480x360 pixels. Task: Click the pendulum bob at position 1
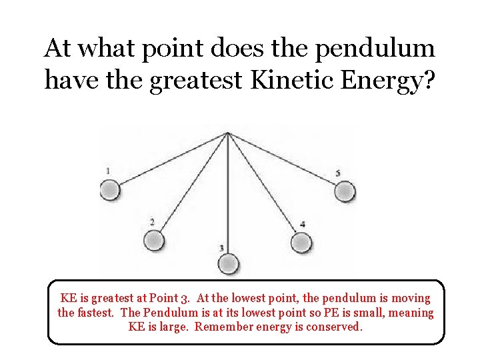tap(110, 191)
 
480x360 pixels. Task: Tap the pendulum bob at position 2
tap(154, 240)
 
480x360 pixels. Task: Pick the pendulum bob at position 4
tap(301, 242)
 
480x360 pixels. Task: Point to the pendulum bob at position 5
tap(344, 192)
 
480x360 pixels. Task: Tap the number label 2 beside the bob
tap(152, 222)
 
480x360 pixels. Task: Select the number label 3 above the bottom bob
tap(221, 248)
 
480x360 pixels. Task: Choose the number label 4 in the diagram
tap(303, 225)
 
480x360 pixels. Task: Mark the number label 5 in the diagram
tap(338, 173)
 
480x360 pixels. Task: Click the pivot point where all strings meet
tap(228, 133)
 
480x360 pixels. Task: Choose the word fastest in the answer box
tap(97, 313)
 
